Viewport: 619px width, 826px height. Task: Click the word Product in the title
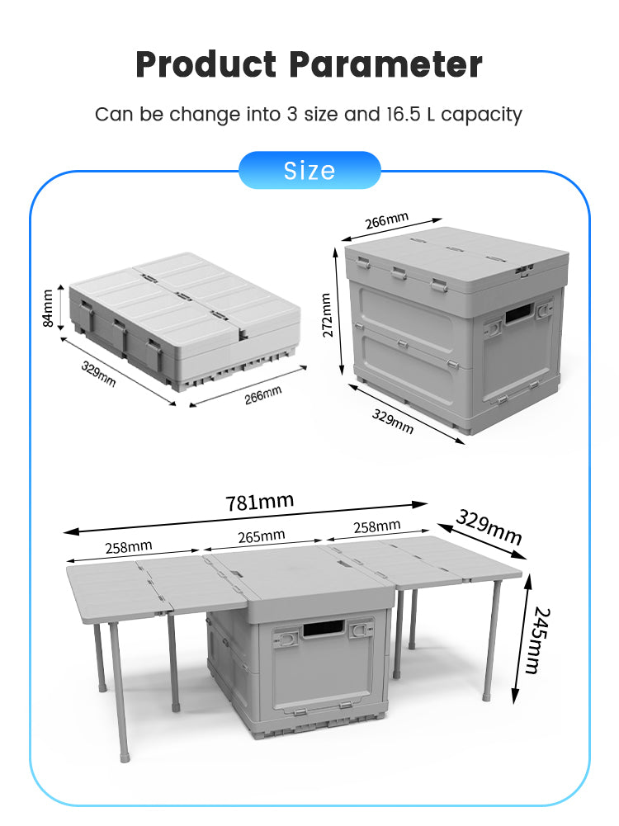(206, 65)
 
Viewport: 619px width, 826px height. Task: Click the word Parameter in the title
(385, 65)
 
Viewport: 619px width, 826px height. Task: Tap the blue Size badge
(309, 170)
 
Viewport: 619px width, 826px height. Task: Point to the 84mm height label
(47, 308)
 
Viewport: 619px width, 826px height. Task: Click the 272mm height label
(327, 315)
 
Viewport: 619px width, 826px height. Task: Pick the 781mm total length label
(260, 502)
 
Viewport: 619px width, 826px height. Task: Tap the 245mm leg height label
(540, 640)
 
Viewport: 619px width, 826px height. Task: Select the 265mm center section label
(262, 536)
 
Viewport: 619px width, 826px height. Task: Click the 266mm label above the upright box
(387, 220)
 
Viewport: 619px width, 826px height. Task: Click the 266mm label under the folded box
(263, 394)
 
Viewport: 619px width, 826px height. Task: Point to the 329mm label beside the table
(489, 526)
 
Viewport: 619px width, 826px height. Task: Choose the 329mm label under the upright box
(393, 422)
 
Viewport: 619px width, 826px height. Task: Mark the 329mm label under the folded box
(98, 374)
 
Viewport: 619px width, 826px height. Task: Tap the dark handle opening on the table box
(323, 629)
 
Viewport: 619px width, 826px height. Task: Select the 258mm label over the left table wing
(129, 547)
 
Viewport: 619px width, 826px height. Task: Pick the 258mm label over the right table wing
(376, 526)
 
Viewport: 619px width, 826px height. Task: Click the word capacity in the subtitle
(481, 115)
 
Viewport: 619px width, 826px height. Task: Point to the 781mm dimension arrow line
(245, 518)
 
